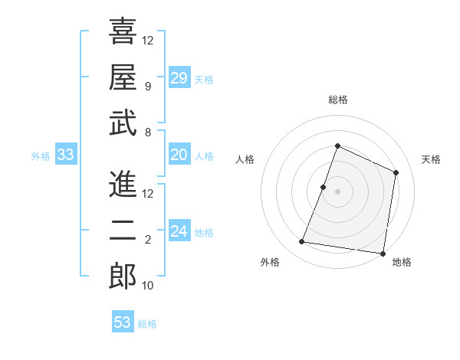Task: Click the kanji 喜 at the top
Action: pyautogui.click(x=123, y=31)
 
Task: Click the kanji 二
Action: pyautogui.click(x=123, y=231)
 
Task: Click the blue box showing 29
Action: pyautogui.click(x=179, y=78)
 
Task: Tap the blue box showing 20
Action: pyautogui.click(x=179, y=155)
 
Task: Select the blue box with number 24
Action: pyautogui.click(x=179, y=232)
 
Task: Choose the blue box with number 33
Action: pyautogui.click(x=66, y=155)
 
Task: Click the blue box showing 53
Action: pyautogui.click(x=123, y=322)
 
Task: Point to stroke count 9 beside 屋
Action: pyautogui.click(x=147, y=86)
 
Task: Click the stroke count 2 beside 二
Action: pyautogui.click(x=147, y=240)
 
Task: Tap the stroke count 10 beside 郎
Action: pyautogui.click(x=148, y=286)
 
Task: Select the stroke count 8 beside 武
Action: pyautogui.click(x=147, y=132)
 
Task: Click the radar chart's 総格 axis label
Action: pyautogui.click(x=337, y=100)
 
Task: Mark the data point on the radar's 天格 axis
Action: pyautogui.click(x=396, y=172)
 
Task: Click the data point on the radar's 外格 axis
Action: pyautogui.click(x=302, y=242)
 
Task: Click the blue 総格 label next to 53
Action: pyautogui.click(x=147, y=323)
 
